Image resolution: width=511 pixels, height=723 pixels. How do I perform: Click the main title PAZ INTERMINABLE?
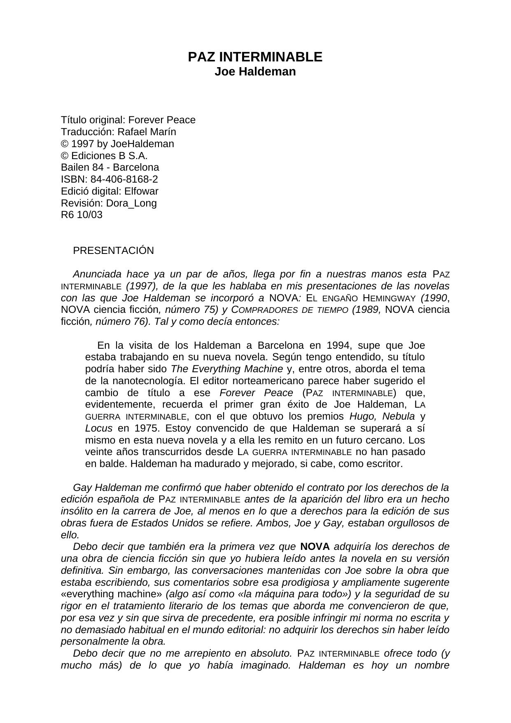[x=255, y=57]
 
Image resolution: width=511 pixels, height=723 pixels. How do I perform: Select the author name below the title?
[x=255, y=71]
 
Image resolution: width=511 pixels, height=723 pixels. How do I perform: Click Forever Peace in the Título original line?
[x=162, y=120]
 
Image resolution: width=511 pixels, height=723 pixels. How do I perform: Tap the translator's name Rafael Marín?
[x=147, y=132]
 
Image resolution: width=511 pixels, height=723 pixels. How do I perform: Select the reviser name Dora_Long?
[x=131, y=203]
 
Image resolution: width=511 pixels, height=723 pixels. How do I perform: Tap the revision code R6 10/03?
[x=82, y=215]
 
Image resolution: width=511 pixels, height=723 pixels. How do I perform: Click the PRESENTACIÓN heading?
[x=113, y=251]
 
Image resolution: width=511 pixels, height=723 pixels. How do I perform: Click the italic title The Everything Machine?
[x=227, y=369]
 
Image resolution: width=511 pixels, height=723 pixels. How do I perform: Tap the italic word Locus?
[x=98, y=428]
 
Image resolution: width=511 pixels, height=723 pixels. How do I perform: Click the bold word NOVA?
[x=315, y=547]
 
